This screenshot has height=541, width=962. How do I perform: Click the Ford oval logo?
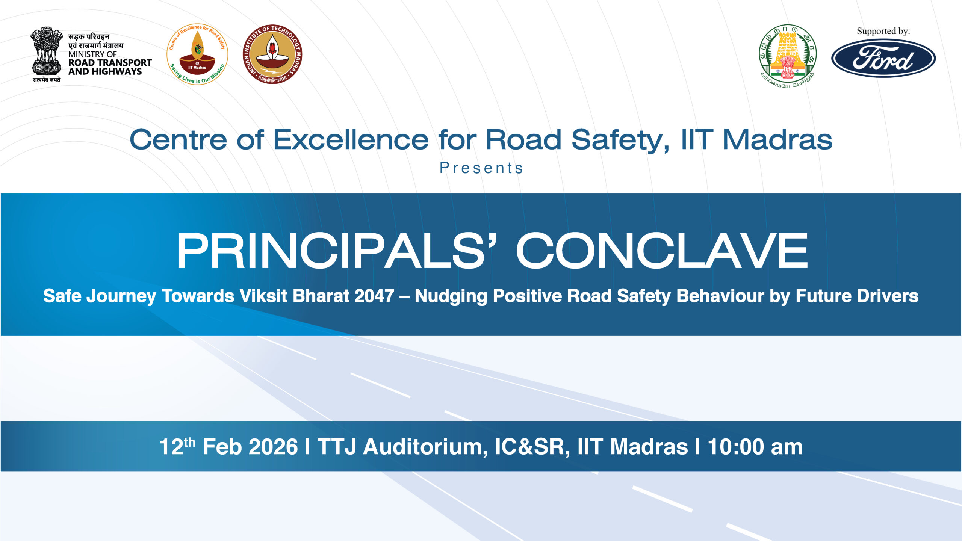[x=883, y=58]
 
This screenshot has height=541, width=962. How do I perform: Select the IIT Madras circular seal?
[x=272, y=54]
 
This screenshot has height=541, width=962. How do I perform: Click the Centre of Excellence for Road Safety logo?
[x=197, y=54]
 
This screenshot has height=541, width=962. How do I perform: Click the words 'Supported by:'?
[x=883, y=31]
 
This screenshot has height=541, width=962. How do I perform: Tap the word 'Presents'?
[x=481, y=168]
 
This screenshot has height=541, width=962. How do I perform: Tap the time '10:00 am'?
[x=755, y=447]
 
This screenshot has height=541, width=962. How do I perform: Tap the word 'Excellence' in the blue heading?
[x=351, y=140]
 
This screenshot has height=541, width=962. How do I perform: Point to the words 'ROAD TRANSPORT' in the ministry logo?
[x=110, y=63]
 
